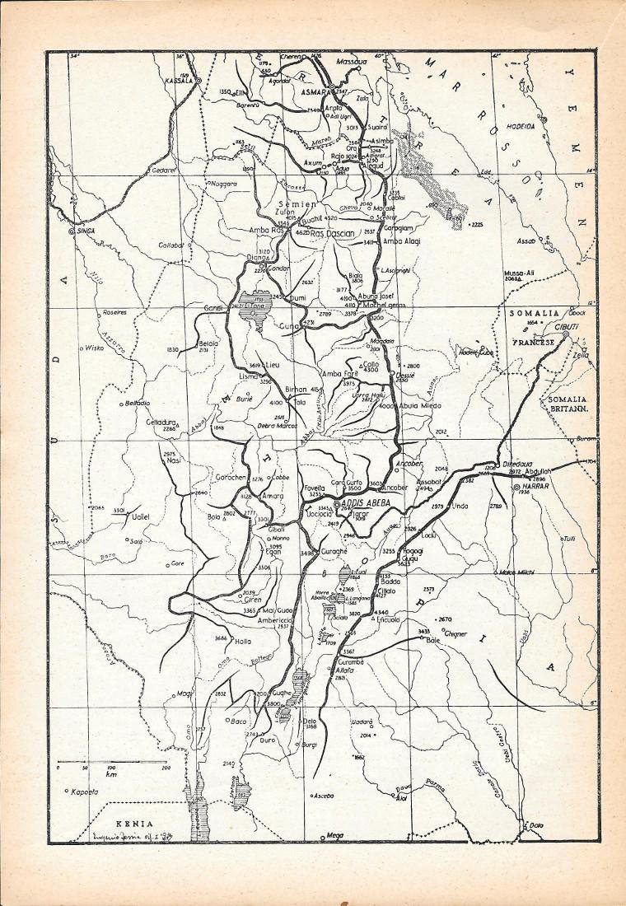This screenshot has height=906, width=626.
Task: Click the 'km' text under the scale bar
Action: coord(110,775)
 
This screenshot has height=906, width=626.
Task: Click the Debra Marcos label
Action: coord(277,425)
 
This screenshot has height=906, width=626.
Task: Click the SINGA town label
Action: coord(86,231)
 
